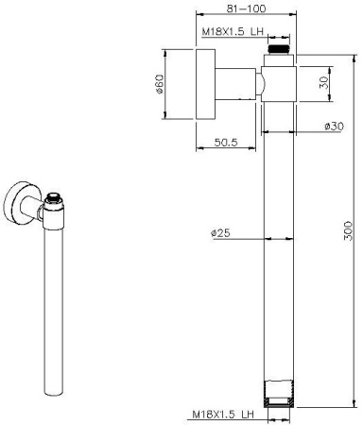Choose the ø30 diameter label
click(332, 127)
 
